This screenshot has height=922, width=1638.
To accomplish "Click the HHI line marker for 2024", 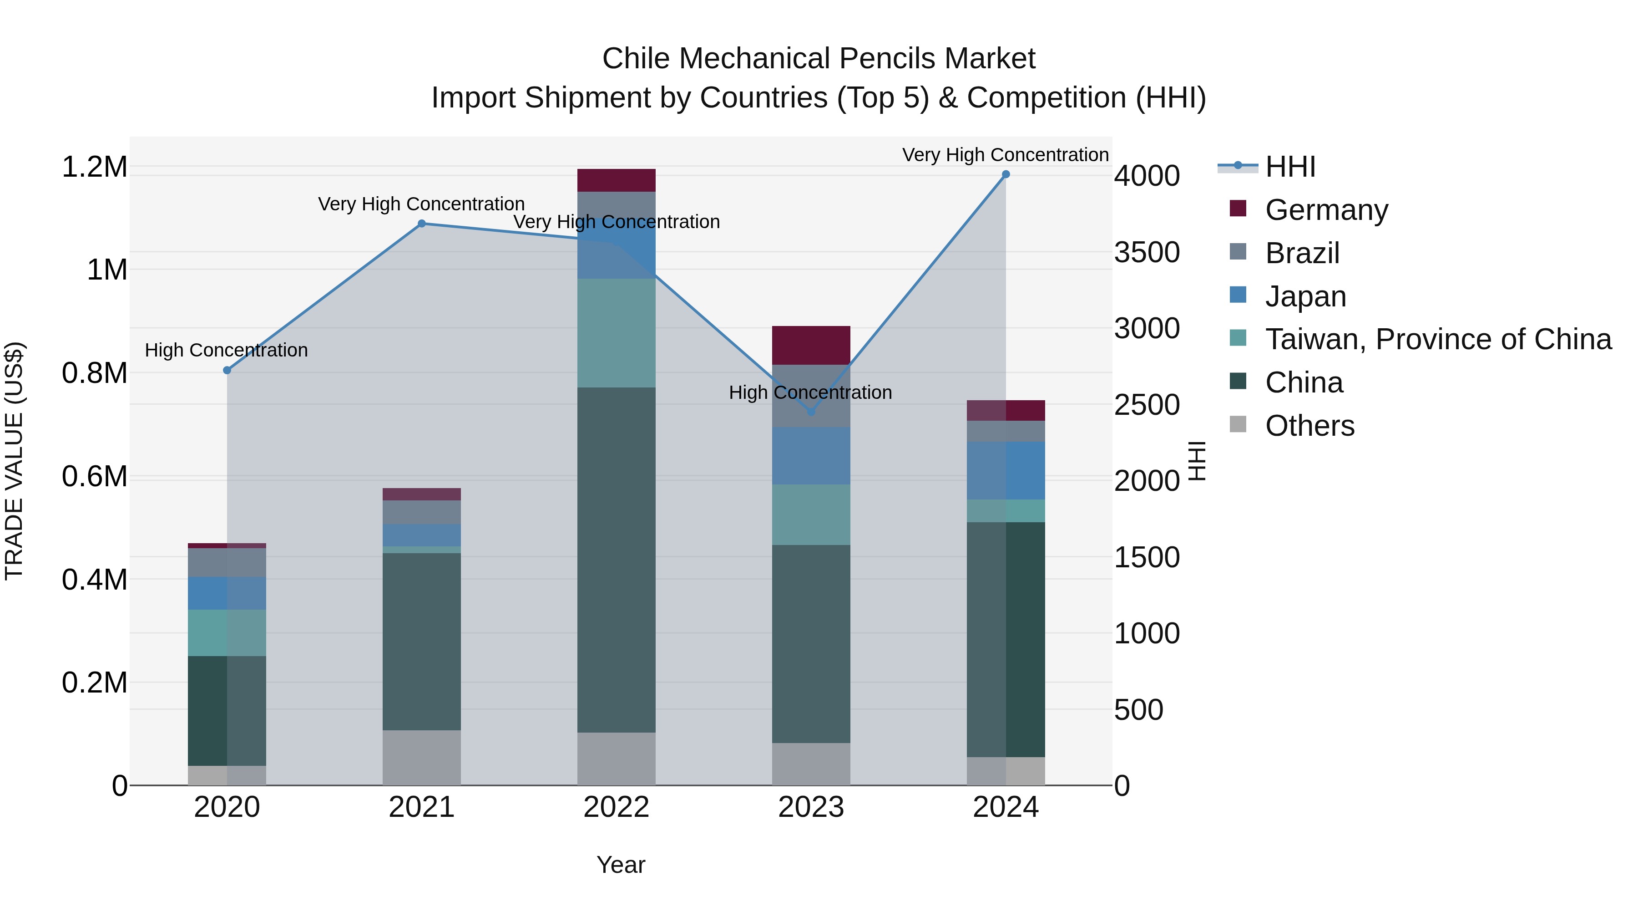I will (1005, 174).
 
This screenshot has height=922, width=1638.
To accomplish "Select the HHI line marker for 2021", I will (422, 224).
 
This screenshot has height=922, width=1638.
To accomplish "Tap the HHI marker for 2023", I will (811, 412).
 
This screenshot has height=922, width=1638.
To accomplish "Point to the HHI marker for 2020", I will (227, 370).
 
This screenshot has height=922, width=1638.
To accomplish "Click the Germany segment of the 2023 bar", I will (811, 346).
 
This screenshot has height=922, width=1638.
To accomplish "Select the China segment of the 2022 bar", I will (616, 560).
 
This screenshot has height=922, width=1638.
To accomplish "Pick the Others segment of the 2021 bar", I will (422, 757).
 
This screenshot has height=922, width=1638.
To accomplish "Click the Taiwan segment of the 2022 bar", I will (616, 333).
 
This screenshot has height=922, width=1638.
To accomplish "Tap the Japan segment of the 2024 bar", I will (1005, 470).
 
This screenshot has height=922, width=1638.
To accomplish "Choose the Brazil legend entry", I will (1302, 253).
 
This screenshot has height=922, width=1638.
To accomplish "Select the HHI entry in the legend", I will (1289, 167).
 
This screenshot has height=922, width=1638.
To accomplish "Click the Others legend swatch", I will (1238, 424).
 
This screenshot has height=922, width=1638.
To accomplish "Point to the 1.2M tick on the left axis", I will (95, 168).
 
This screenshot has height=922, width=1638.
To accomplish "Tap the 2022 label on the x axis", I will (616, 807).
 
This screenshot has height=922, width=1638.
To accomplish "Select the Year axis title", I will (621, 865).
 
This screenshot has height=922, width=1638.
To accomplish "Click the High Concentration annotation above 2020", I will (227, 350).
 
